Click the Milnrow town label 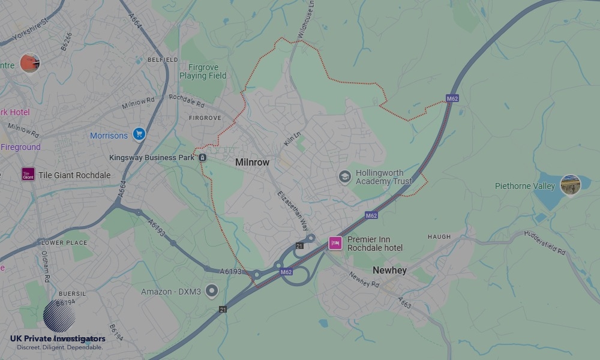[252, 163]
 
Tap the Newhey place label [389, 271]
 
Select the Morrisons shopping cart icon [139, 134]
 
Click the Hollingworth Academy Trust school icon [344, 176]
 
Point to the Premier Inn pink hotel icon [335, 243]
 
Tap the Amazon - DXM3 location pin [211, 291]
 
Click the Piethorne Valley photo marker [570, 185]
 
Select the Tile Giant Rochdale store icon [28, 175]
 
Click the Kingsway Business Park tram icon [202, 158]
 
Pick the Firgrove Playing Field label [203, 71]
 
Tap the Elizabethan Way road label [292, 211]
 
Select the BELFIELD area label [163, 60]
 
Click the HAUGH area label [439, 237]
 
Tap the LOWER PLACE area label [64, 243]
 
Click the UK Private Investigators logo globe [59, 317]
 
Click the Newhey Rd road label [364, 279]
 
